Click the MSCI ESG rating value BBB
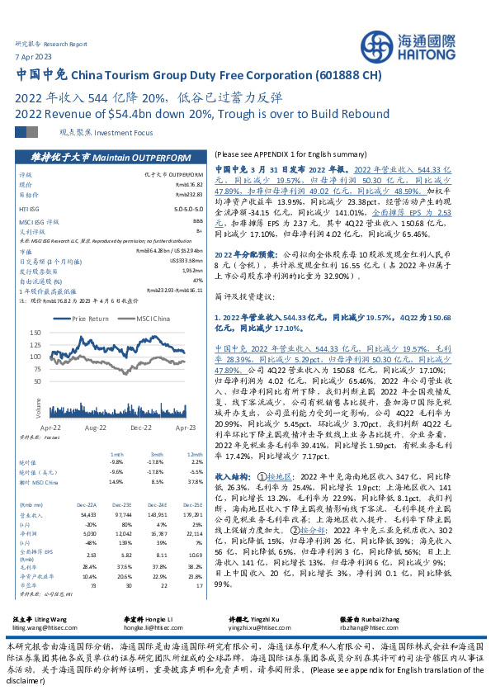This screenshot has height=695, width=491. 194,222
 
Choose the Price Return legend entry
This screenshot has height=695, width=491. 87,318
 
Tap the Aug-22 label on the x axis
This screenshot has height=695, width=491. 96,428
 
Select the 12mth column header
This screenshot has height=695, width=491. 195,455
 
